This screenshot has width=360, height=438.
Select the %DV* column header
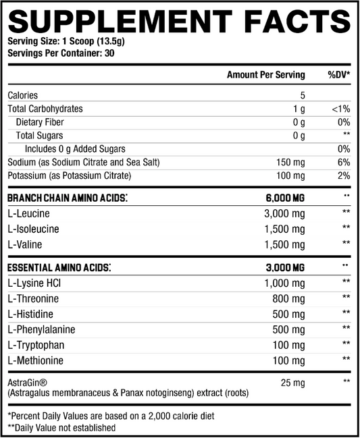tap(338, 75)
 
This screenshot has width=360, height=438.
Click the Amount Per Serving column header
tap(265, 75)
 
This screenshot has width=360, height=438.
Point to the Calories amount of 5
tap(303, 96)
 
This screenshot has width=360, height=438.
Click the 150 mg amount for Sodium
tap(290, 163)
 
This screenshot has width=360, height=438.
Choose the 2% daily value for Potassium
tap(343, 176)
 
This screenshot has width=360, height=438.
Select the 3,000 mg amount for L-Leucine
tap(287, 213)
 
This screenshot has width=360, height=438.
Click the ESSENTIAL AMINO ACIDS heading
tap(59, 267)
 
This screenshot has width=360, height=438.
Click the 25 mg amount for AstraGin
tap(292, 383)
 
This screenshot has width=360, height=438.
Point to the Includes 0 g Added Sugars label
tap(75, 149)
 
